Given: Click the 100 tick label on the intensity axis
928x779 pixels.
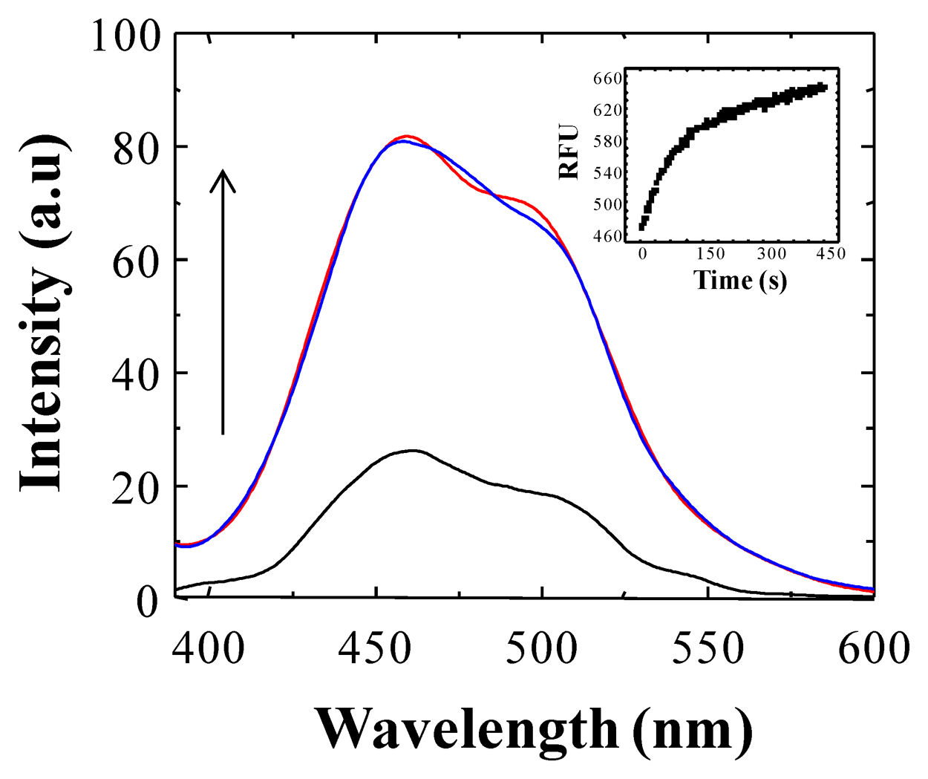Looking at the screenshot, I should [125, 36].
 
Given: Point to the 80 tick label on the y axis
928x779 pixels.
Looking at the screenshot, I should [137, 149].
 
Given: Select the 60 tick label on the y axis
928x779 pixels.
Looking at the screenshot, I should [137, 262].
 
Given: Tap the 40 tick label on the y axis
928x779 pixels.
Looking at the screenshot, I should [137, 376].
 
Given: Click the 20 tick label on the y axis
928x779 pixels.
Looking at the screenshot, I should [137, 489].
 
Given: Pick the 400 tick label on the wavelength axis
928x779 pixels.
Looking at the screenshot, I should [209, 648].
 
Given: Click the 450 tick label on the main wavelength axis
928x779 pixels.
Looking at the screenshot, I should [375, 648].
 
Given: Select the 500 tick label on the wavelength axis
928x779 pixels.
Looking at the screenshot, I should [542, 648].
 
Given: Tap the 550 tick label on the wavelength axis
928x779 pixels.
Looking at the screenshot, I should [708, 648].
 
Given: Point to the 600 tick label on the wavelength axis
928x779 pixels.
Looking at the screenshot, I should [873, 648].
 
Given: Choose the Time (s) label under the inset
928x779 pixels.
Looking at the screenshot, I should [740, 280].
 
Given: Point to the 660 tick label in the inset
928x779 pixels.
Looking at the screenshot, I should [608, 79].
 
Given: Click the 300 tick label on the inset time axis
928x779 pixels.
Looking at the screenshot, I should [772, 253].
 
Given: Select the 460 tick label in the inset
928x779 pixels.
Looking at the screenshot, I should [608, 236].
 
